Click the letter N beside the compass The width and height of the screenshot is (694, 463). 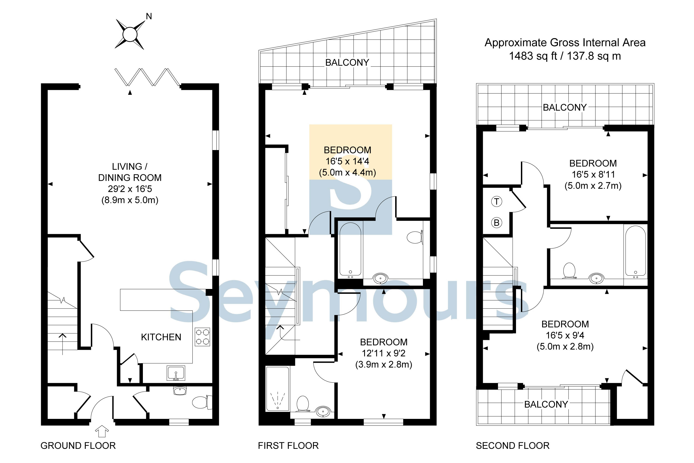click(149, 17)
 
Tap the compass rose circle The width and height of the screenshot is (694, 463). click(130, 35)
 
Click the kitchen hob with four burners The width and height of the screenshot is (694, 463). click(202, 337)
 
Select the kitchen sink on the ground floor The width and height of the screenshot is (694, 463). click(176, 373)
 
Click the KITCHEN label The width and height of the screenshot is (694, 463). click(161, 337)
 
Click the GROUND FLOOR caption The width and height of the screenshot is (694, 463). click(78, 446)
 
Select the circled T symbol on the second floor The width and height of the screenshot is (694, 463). click(497, 202)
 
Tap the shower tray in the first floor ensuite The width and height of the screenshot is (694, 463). click(277, 389)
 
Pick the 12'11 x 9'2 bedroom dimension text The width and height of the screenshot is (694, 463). click(383, 353)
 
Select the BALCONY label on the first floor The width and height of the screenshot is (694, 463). click(347, 63)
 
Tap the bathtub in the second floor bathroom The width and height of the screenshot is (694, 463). click(635, 251)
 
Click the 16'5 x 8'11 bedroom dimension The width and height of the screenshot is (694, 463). click(593, 175)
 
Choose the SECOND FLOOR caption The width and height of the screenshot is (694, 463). click(512, 446)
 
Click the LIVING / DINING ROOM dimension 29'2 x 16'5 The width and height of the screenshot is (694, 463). click(130, 189)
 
